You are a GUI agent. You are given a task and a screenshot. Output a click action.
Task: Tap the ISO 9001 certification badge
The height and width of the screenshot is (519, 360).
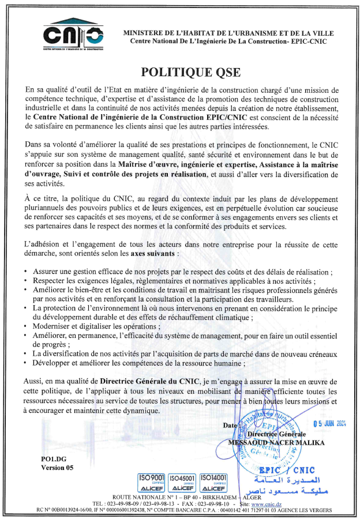click(152, 482)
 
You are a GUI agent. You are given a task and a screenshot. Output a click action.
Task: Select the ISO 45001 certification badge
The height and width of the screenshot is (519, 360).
click(183, 482)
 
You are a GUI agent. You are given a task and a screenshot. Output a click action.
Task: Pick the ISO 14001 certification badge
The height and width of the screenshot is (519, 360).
click(213, 482)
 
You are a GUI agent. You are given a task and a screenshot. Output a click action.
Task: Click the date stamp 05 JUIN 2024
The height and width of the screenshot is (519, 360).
click(329, 423)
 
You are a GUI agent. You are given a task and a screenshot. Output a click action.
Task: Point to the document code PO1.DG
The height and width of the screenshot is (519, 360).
click(54, 458)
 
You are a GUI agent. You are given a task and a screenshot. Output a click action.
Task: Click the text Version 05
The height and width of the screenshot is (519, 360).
click(57, 468)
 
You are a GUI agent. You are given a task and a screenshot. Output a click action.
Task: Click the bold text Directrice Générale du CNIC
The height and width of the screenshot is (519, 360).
click(148, 381)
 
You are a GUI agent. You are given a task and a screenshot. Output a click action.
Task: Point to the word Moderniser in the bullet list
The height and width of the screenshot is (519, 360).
click(54, 325)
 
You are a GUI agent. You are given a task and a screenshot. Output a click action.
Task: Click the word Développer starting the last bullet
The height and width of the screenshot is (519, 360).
click(55, 363)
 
